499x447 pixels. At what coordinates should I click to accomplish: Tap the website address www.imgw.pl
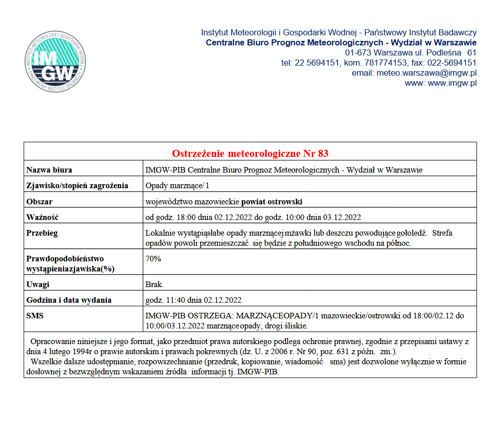(452, 83)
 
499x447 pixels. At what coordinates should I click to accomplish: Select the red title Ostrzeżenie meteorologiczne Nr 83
(250, 153)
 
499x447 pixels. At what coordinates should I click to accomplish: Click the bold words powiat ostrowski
(272, 202)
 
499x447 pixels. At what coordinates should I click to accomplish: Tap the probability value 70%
(153, 259)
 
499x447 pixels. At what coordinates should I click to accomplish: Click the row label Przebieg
(42, 233)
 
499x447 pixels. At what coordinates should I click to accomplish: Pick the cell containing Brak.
(154, 285)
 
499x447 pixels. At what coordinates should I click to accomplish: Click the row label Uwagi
(38, 285)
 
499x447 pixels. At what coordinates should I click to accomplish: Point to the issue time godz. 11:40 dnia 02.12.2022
(193, 300)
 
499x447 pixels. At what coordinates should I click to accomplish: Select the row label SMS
(35, 316)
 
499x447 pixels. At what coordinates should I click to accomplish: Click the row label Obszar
(39, 202)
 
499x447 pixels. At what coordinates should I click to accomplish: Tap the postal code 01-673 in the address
(357, 52)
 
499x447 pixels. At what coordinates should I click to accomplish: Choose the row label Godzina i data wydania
(69, 300)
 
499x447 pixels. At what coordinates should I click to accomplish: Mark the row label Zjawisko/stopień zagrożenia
(77, 186)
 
